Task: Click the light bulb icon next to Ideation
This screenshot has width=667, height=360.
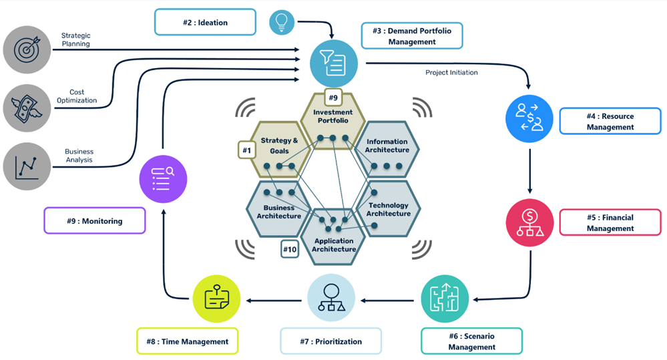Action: point(282,22)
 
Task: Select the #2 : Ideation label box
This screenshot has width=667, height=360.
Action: point(205,22)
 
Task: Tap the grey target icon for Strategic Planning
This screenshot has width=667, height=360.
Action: point(27,49)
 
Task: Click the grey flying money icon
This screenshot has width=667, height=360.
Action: point(27,107)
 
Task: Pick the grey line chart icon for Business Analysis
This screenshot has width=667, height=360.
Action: point(27,164)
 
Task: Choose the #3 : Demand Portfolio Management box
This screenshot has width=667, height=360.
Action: point(411,35)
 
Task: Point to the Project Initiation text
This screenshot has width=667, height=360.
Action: point(451,73)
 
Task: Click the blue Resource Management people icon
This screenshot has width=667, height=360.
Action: point(529,119)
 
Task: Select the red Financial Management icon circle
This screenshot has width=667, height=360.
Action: point(529,223)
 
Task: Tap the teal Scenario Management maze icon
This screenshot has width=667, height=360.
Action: point(445,298)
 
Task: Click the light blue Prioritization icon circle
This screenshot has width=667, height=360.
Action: point(331,298)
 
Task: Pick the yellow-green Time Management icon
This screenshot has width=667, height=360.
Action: point(216,298)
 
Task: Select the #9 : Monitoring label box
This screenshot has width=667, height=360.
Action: point(94,220)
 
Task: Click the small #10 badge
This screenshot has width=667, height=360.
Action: point(290,249)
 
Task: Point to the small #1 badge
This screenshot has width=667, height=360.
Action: point(247,150)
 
